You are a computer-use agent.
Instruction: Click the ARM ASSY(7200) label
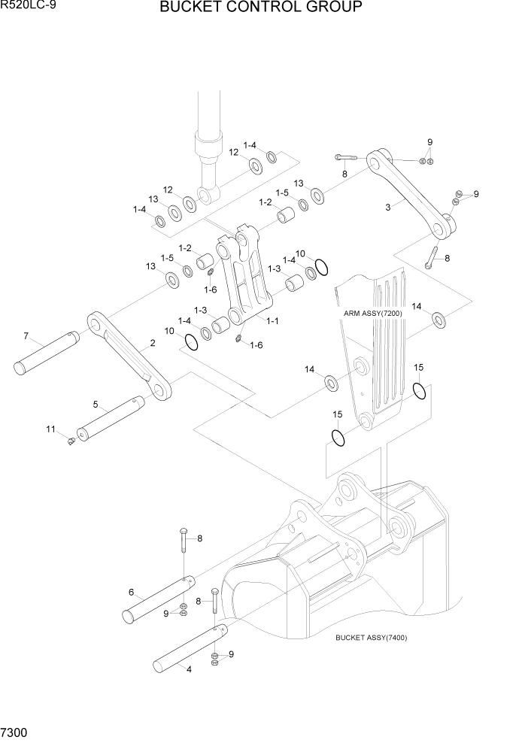point(374,312)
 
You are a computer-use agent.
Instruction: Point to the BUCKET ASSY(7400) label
point(372,638)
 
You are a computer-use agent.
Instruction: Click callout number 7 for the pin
point(26,335)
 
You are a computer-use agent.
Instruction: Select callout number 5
point(96,405)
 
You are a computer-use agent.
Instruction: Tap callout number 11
point(51,429)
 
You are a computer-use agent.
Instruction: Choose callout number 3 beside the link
point(388,208)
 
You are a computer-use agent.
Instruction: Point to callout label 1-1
point(272,321)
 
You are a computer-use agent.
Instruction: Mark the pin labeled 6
point(159,599)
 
